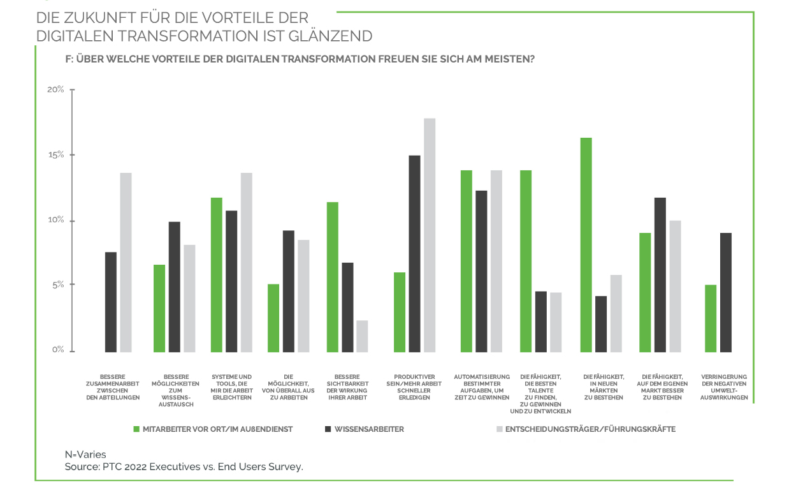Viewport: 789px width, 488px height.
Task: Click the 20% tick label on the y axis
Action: pyautogui.click(x=55, y=89)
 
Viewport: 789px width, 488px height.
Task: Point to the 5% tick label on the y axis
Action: pyautogui.click(x=57, y=285)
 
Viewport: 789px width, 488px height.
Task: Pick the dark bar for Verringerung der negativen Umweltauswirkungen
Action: pyautogui.click(x=726, y=292)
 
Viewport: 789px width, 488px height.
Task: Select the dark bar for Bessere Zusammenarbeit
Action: pyautogui.click(x=111, y=302)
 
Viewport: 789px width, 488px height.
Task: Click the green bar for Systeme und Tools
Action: pyautogui.click(x=217, y=274)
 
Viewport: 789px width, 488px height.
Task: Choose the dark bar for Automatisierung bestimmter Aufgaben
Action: pyautogui.click(x=481, y=271)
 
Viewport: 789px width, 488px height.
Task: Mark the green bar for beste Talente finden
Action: pyautogui.click(x=526, y=261)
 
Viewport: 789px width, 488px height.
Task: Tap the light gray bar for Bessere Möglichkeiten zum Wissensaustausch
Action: pyautogui.click(x=189, y=298)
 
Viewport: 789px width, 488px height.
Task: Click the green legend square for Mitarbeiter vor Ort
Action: pyautogui.click(x=136, y=429)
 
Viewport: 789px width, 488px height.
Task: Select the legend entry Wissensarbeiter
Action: pyautogui.click(x=369, y=429)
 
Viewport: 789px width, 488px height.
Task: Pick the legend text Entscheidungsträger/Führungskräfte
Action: pyautogui.click(x=590, y=429)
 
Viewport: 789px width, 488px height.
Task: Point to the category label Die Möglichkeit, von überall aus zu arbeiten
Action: pyautogui.click(x=288, y=387)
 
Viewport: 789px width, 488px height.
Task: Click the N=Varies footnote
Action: pyautogui.click(x=86, y=455)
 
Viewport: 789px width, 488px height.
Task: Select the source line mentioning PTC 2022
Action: pyautogui.click(x=184, y=467)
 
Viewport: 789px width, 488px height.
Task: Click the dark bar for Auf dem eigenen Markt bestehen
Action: pyautogui.click(x=660, y=274)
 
